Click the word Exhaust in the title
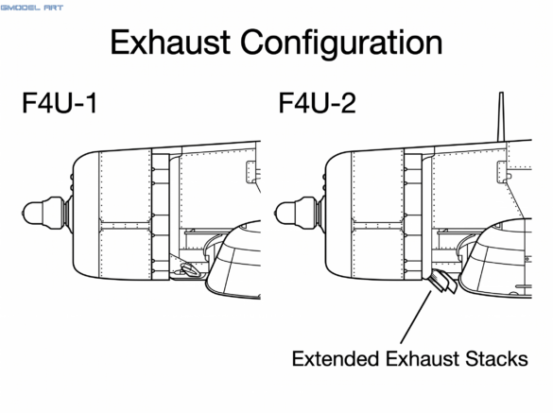[171, 43]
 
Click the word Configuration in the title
[341, 44]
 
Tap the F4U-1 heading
[60, 103]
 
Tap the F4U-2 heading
[317, 103]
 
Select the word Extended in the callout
[335, 359]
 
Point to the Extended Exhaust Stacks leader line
[416, 317]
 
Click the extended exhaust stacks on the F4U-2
[443, 281]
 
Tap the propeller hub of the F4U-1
[43, 213]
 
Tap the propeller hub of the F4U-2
[296, 213]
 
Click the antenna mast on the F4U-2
[501, 117]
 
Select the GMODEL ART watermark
[32, 8]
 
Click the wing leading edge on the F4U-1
[216, 260]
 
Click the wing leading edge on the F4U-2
[471, 256]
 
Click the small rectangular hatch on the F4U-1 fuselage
[251, 172]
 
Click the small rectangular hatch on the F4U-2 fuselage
[502, 172]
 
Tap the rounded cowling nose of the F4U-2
[337, 215]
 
